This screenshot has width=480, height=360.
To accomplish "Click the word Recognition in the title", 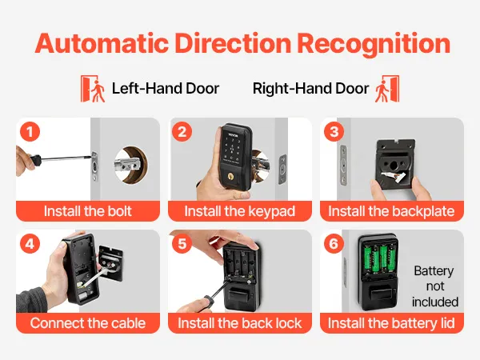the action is (x=374, y=44).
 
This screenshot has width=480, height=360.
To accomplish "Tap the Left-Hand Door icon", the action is (x=93, y=89).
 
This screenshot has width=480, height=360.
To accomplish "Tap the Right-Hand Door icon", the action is (x=387, y=89).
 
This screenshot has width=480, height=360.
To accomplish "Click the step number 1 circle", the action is (x=30, y=132).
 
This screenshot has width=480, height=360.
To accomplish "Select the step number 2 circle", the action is (x=182, y=132).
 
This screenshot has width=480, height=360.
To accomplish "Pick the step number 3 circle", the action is (x=334, y=132).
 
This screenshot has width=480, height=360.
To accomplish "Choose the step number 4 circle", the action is (x=30, y=244).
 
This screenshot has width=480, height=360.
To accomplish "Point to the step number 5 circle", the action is (x=182, y=244).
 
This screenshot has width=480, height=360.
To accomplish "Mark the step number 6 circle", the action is (x=334, y=244).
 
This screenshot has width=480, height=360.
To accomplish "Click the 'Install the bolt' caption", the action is (x=87, y=211).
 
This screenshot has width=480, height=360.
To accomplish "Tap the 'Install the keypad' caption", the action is (x=240, y=211).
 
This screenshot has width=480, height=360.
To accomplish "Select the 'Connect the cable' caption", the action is (x=88, y=323).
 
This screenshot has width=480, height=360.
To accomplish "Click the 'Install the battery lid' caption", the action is (x=391, y=323).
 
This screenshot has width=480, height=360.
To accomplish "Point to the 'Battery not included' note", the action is (x=434, y=286).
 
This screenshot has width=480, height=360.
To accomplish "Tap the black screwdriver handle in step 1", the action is (x=35, y=159).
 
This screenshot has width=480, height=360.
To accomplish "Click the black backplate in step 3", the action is (x=395, y=164).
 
